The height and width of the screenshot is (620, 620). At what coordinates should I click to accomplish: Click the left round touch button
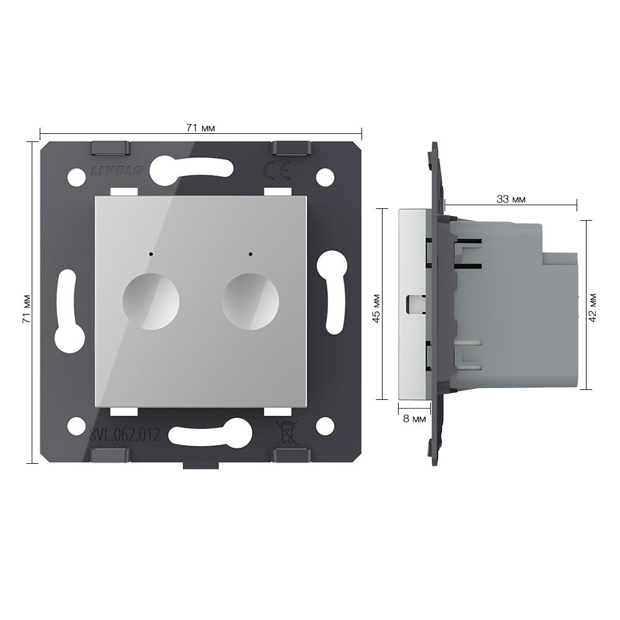[151, 302]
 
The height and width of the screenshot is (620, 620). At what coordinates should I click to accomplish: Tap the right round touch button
[250, 302]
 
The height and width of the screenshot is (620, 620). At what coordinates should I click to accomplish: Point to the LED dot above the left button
[151, 254]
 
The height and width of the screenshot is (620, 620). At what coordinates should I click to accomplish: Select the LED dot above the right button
[250, 254]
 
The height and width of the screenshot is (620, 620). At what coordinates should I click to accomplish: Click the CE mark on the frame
[277, 170]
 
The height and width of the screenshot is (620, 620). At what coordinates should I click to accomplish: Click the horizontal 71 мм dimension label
[200, 128]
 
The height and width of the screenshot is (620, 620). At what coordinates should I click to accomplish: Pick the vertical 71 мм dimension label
[26, 309]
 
